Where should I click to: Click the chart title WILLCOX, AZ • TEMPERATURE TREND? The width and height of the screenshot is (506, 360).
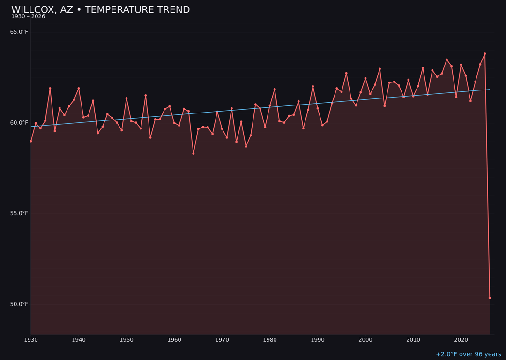coord(100,10)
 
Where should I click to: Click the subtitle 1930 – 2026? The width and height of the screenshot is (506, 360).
coord(28,17)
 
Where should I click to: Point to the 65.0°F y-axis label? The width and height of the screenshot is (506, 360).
coord(19,32)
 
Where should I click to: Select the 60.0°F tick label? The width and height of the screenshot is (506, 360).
coord(19,123)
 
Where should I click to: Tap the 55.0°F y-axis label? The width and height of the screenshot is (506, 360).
coord(19,213)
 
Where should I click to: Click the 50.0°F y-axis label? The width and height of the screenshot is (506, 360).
coord(19,304)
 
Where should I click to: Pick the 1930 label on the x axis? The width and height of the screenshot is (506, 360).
coord(31,340)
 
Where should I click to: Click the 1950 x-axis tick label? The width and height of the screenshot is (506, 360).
coord(126,340)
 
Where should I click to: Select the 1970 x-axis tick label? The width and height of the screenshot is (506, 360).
coord(222,340)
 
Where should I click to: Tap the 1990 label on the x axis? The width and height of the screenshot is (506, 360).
coord(318,340)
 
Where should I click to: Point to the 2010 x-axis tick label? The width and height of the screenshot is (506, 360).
coord(413,340)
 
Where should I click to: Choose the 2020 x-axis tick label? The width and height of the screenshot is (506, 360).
coord(461,340)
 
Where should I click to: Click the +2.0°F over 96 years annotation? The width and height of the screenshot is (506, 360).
coord(468,354)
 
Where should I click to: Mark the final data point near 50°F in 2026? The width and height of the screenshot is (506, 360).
coord(490,298)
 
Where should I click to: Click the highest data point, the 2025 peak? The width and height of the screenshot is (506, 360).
coord(485,54)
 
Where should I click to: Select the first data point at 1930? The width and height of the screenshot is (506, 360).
coord(31,141)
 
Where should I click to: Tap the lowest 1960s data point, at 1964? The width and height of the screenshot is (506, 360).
coord(193,153)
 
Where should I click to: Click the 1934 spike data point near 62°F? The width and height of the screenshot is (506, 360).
coord(50,89)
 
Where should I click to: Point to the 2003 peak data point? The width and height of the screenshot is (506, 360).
coord(380,69)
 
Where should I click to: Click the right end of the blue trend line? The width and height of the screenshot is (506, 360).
coord(489,90)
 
